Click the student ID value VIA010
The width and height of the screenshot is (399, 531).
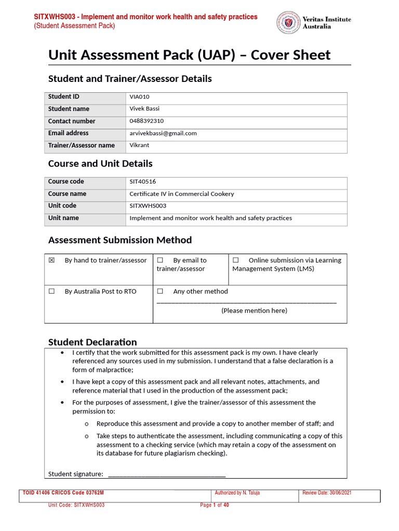point(139,96)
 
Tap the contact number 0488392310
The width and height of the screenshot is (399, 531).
point(147,121)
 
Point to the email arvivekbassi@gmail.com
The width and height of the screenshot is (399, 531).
point(163,133)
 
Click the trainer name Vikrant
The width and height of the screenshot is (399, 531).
point(139,145)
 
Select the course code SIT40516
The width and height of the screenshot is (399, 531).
point(142,181)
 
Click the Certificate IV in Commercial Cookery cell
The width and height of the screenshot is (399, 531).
point(181,194)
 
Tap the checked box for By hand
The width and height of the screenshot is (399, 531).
point(51,260)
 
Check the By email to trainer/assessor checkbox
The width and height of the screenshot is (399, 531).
point(160,260)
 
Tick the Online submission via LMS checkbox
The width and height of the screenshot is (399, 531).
point(235,260)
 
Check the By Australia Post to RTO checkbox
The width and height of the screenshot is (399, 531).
point(51,291)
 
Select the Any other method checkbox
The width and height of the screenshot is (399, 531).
point(160,291)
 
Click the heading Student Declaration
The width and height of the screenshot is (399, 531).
point(92,342)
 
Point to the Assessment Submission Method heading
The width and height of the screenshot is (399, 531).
point(120,240)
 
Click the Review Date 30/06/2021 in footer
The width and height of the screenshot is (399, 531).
point(327,493)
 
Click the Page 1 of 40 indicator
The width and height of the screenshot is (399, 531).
point(215,505)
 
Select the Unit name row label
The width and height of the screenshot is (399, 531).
point(63,218)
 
